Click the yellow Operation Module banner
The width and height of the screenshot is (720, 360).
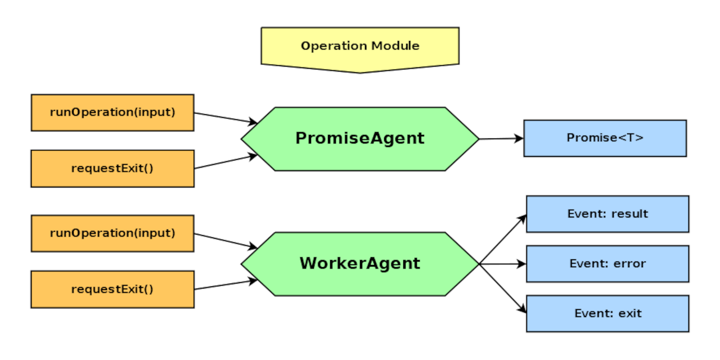pyautogui.click(x=360, y=46)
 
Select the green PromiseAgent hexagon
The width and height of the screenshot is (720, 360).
pyautogui.click(x=360, y=138)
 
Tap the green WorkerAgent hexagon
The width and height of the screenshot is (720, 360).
pyautogui.click(x=360, y=263)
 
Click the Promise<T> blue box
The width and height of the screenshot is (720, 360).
pyautogui.click(x=605, y=138)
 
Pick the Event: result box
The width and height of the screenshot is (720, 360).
pyautogui.click(x=607, y=214)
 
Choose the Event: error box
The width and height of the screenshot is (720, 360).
pyautogui.click(x=607, y=263)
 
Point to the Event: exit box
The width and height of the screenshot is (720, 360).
pyautogui.click(x=607, y=313)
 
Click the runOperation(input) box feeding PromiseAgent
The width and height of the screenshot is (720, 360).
pyautogui.click(x=112, y=112)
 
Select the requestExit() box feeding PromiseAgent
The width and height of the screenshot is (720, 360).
pyautogui.click(x=112, y=168)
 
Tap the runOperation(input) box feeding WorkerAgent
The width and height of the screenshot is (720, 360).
pyautogui.click(x=112, y=233)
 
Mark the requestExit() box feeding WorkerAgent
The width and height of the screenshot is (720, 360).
pyautogui.click(x=112, y=289)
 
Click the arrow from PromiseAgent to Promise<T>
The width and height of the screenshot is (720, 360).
pyautogui.click(x=501, y=138)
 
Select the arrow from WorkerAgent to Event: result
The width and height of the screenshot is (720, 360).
pyautogui.click(x=502, y=239)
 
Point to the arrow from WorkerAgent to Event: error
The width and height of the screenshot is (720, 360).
pyautogui.click(x=502, y=263)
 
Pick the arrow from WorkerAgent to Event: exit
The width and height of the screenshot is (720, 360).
pyautogui.click(x=502, y=288)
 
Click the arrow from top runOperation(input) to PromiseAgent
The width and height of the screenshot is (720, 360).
pyautogui.click(x=225, y=118)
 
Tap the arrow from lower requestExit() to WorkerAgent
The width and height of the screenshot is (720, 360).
pyautogui.click(x=225, y=285)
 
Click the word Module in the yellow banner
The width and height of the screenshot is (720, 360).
pyautogui.click(x=397, y=46)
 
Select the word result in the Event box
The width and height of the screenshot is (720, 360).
pyautogui.click(x=629, y=214)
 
